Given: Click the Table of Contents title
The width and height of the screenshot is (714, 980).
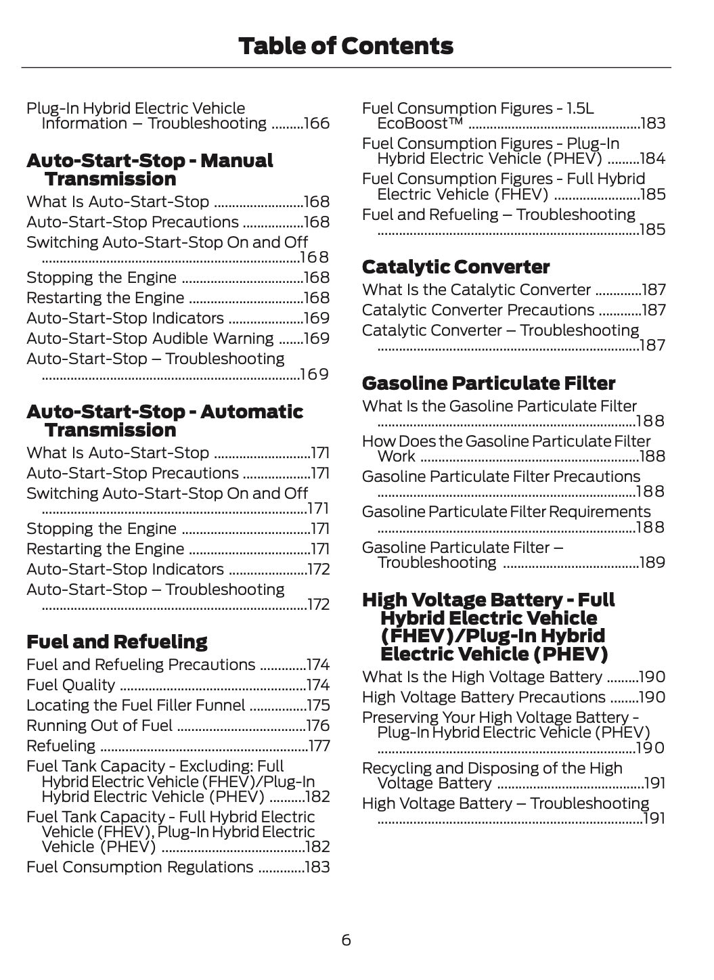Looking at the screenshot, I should [x=346, y=46].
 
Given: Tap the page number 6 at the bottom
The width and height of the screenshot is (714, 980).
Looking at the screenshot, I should [x=346, y=940].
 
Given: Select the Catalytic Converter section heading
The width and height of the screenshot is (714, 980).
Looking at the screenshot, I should [x=455, y=267].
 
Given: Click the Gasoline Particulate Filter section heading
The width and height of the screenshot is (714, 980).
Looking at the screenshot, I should [x=488, y=384].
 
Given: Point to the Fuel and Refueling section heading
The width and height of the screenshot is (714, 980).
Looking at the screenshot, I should [x=116, y=642].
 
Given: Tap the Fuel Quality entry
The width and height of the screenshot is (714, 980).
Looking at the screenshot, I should [x=70, y=685].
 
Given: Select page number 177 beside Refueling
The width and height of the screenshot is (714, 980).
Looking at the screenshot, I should [x=319, y=746].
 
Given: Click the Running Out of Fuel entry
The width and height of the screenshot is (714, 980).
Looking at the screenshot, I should [x=99, y=726].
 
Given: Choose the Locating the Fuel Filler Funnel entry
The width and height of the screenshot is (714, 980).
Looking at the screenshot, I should [x=135, y=705].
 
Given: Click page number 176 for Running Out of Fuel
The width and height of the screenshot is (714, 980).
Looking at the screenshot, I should [x=317, y=726].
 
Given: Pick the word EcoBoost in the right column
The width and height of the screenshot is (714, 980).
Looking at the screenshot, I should [x=420, y=124].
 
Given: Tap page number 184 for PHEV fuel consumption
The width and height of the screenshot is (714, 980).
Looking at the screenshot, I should [x=652, y=159].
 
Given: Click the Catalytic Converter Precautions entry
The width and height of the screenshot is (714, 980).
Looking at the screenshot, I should [x=478, y=310].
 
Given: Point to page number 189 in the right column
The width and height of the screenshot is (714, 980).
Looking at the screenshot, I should [x=652, y=562].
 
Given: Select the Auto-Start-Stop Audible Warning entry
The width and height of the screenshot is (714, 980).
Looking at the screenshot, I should [x=150, y=338].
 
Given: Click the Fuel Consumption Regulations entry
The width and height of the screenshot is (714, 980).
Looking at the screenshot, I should [x=139, y=867].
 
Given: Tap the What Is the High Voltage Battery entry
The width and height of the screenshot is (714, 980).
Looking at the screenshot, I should [x=482, y=677].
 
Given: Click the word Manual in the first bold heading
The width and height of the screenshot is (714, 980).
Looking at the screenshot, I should [x=237, y=161].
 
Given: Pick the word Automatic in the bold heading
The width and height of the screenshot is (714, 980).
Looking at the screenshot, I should [x=252, y=412].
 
